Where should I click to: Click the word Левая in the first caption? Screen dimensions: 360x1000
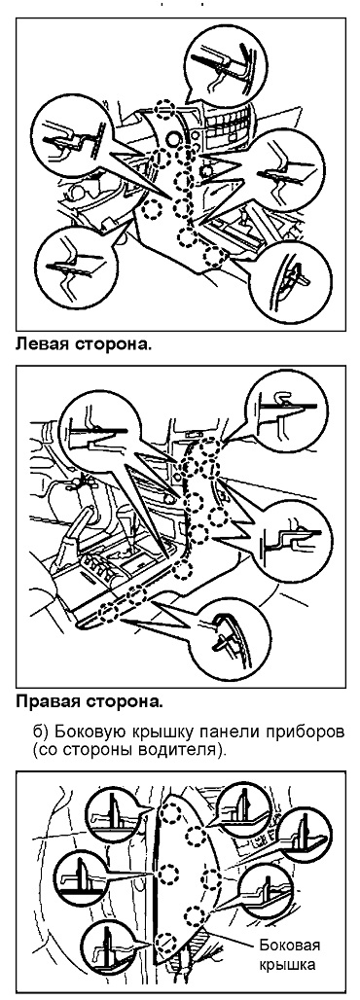tap(42, 346)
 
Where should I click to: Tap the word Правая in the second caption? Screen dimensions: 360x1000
tap(47, 702)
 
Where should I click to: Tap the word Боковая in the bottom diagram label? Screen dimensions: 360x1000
tap(289, 945)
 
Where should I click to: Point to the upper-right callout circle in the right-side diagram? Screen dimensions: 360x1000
tap(287, 408)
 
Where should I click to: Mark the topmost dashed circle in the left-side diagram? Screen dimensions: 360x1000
tap(165, 109)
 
